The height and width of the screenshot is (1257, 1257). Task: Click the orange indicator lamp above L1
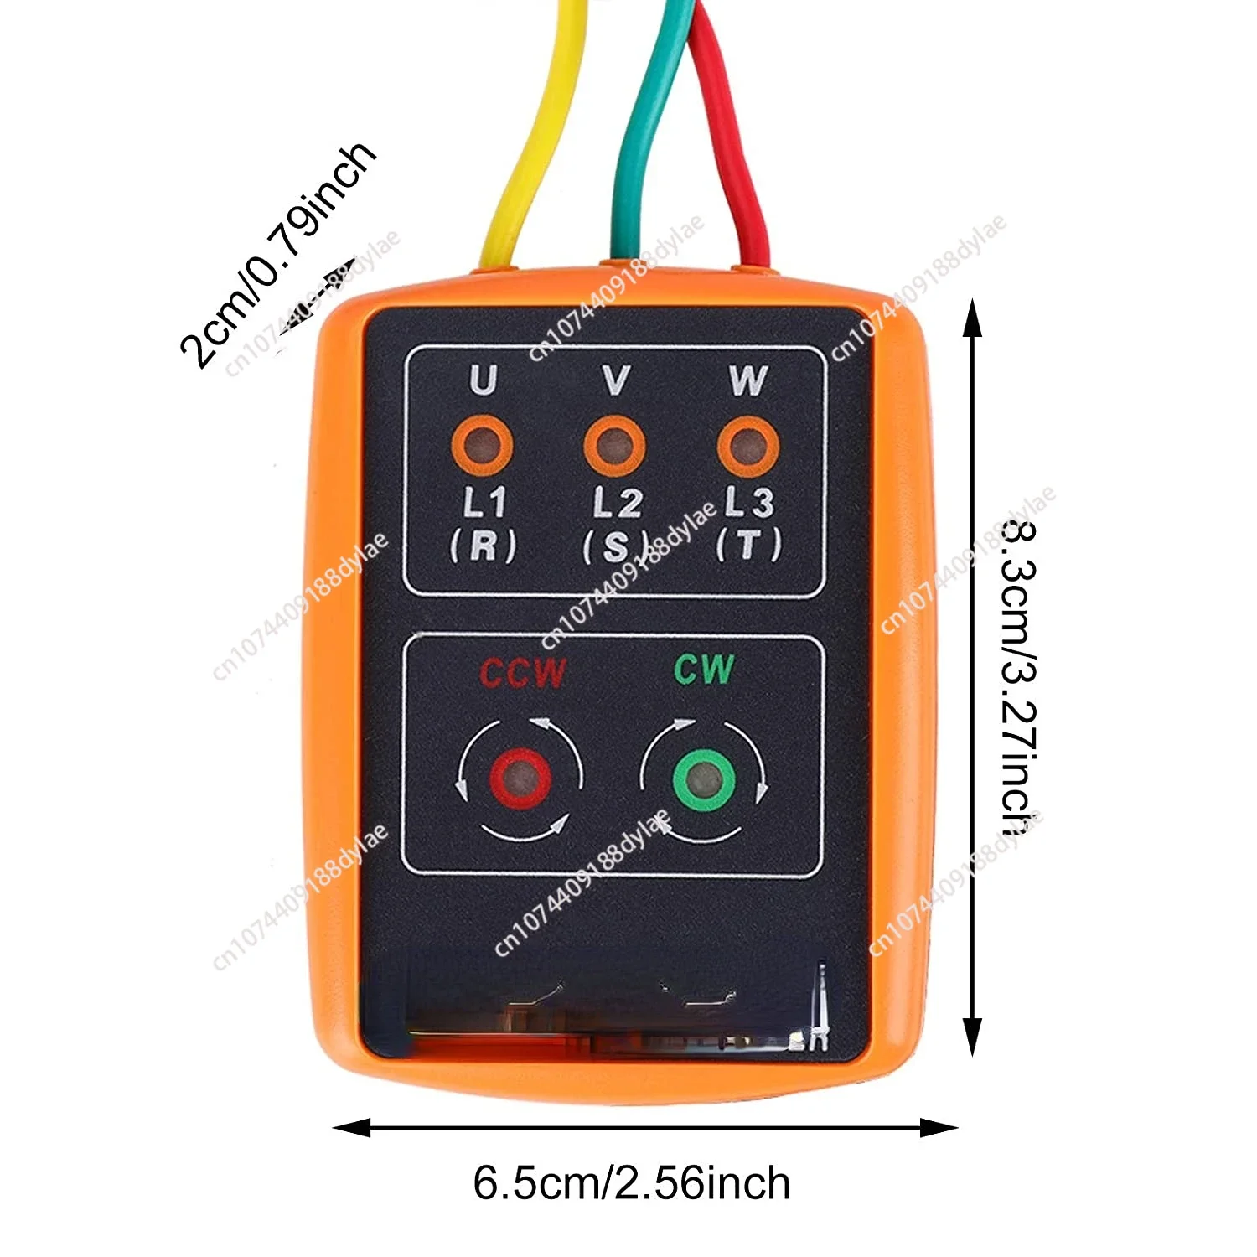coord(483,445)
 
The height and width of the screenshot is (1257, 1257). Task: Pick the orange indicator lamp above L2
coord(615,445)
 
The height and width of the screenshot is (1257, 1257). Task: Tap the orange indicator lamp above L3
coord(748,445)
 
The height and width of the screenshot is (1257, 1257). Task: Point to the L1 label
coord(484,503)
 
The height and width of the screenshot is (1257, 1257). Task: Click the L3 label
coord(748,503)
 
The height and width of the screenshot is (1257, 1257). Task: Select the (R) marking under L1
coord(484,546)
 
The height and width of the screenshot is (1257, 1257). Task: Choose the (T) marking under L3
coord(748,546)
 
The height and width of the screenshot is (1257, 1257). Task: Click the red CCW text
coord(523,673)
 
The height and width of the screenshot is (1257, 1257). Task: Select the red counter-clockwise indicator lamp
coord(520,779)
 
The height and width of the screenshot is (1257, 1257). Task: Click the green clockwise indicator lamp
coord(705,780)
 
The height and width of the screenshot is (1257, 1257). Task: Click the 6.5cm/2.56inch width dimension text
coord(632,1183)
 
